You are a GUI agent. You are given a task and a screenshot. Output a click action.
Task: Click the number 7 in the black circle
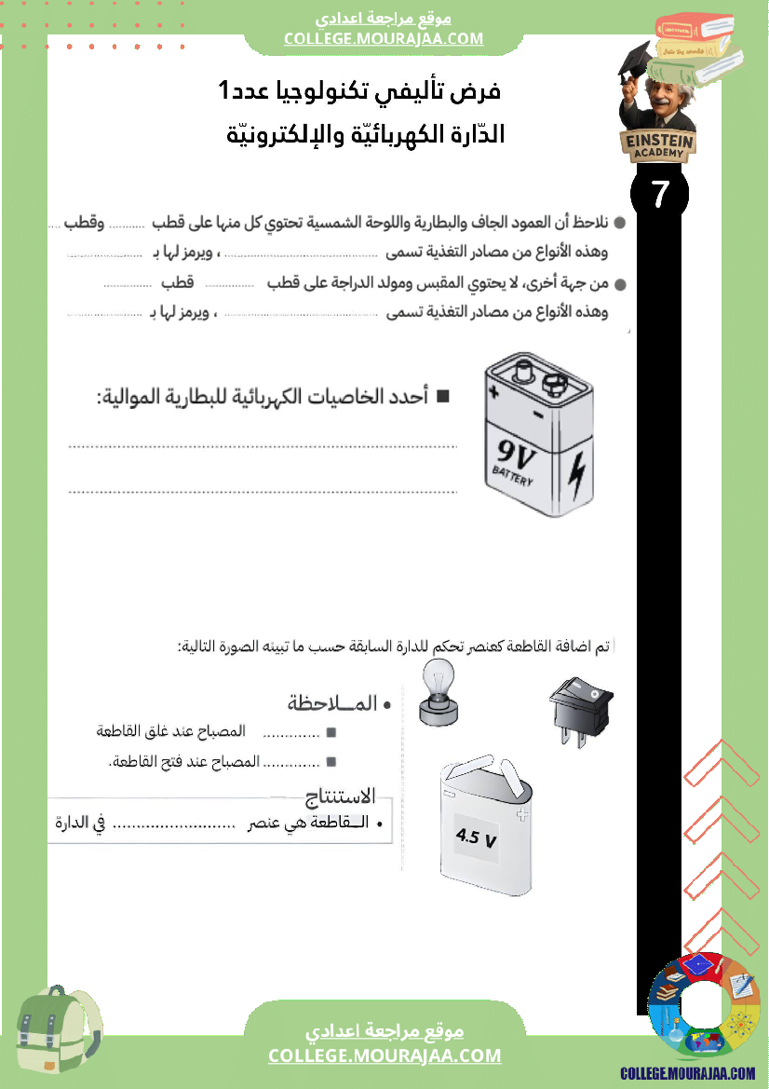[660, 195]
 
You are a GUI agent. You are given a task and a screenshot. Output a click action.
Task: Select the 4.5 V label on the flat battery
[476, 837]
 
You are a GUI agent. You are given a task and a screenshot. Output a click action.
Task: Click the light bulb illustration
[438, 692]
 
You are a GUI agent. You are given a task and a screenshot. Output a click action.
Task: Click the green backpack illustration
[59, 1031]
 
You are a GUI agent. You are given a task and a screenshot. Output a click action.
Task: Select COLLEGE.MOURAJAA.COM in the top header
[384, 38]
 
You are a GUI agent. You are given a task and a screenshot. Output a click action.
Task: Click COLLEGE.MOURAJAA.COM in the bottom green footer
[384, 1055]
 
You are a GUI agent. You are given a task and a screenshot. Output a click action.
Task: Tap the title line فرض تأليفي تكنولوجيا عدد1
[358, 92]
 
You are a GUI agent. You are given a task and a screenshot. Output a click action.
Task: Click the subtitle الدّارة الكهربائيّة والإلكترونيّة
[366, 134]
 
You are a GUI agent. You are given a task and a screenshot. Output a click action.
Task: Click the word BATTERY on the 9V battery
[513, 479]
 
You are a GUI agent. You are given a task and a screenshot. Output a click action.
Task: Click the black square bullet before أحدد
[442, 397]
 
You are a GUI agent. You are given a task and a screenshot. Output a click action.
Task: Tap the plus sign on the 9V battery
[493, 392]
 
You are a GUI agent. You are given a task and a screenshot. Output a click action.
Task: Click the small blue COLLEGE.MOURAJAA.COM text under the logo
[688, 1073]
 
